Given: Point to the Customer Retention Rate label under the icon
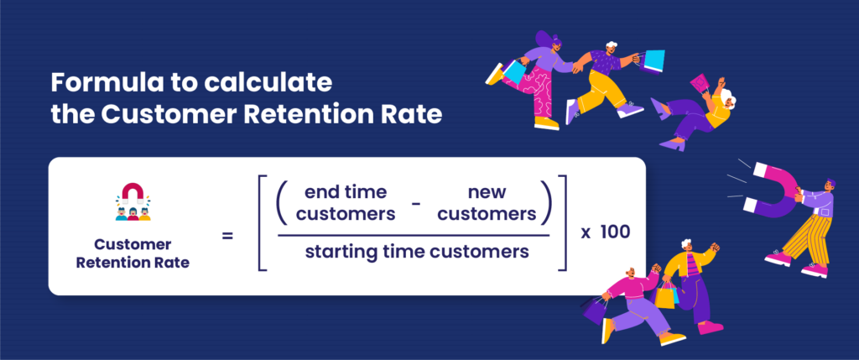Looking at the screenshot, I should click(x=133, y=253).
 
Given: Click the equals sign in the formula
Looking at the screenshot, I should click(x=227, y=237).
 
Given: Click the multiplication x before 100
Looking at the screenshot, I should click(x=586, y=232).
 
